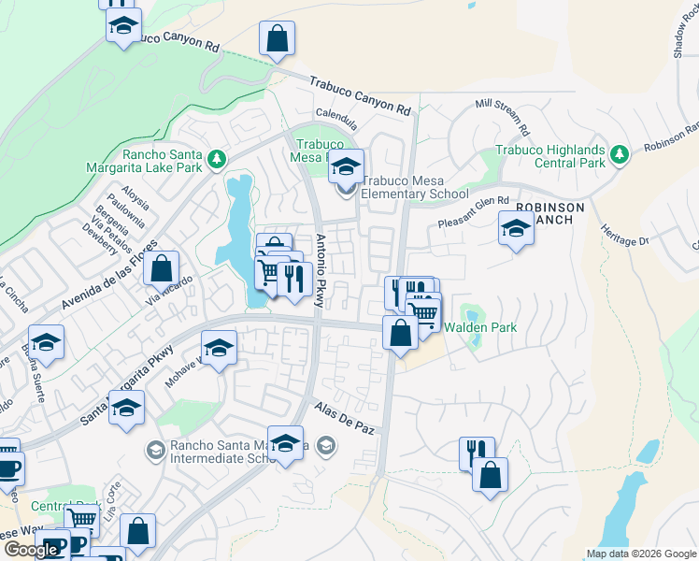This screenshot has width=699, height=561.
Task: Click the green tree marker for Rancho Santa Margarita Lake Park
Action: pos(217,159)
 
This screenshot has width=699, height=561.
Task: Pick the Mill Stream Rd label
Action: pos(503,116)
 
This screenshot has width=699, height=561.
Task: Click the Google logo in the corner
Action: pos(31,549)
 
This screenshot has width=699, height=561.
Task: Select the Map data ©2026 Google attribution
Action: pos(640,554)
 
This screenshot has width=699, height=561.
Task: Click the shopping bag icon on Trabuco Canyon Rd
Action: pos(278,39)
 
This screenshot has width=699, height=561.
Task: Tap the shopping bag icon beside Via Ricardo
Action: pos(162,268)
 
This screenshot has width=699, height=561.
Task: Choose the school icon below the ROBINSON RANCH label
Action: pos(516,229)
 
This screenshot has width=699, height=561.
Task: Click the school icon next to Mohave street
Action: pos(219,350)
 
